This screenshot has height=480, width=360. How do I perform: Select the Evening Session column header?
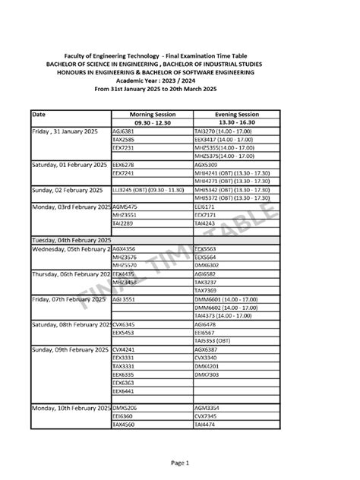(x=234, y=113)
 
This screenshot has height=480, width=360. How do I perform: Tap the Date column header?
(x=39, y=113)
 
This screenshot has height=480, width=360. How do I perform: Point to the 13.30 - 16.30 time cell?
(x=234, y=122)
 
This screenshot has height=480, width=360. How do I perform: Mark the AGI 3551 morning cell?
(x=125, y=298)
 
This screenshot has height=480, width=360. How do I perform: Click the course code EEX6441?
(x=124, y=391)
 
